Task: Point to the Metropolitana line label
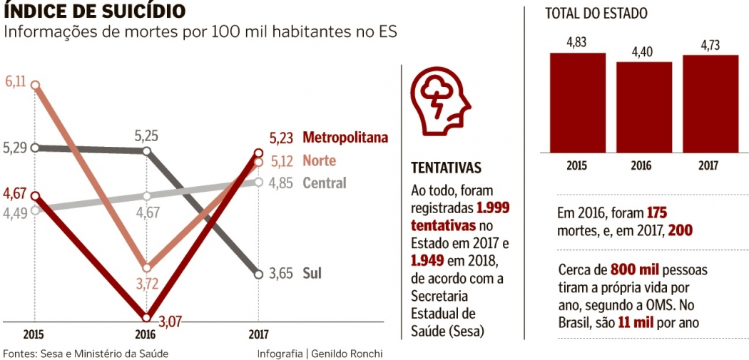345,138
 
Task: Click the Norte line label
319,160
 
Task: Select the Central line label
325,182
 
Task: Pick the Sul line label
312,273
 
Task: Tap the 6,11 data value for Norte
16,81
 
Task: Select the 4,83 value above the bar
576,43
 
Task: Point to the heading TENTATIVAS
446,168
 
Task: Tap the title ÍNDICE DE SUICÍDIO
96,11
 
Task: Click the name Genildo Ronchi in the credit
347,354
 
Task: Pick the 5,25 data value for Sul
147,135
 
